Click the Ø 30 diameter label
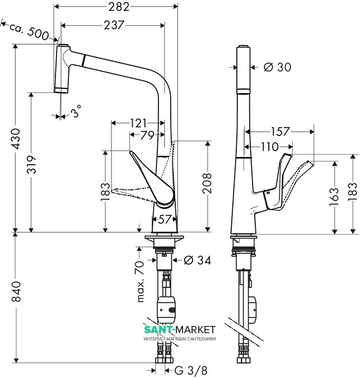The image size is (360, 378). point(277,67)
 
